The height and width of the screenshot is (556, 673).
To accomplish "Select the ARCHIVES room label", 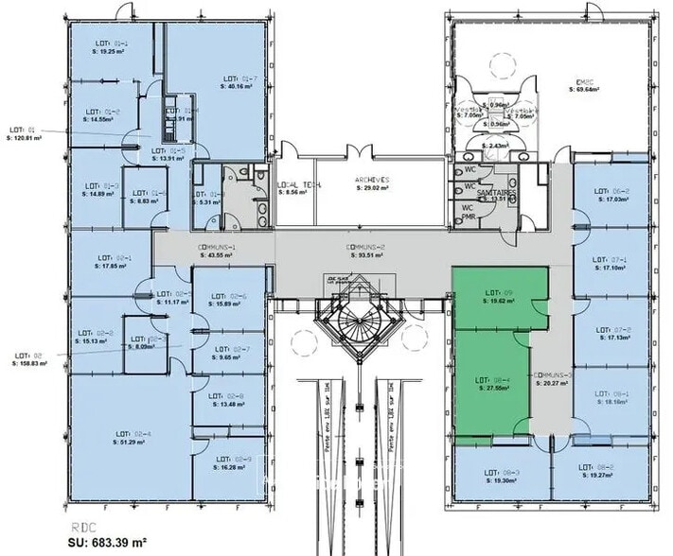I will click(371, 180).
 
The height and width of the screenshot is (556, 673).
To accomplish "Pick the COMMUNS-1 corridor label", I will click(216, 247).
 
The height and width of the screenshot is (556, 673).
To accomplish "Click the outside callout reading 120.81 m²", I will click(26, 137).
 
